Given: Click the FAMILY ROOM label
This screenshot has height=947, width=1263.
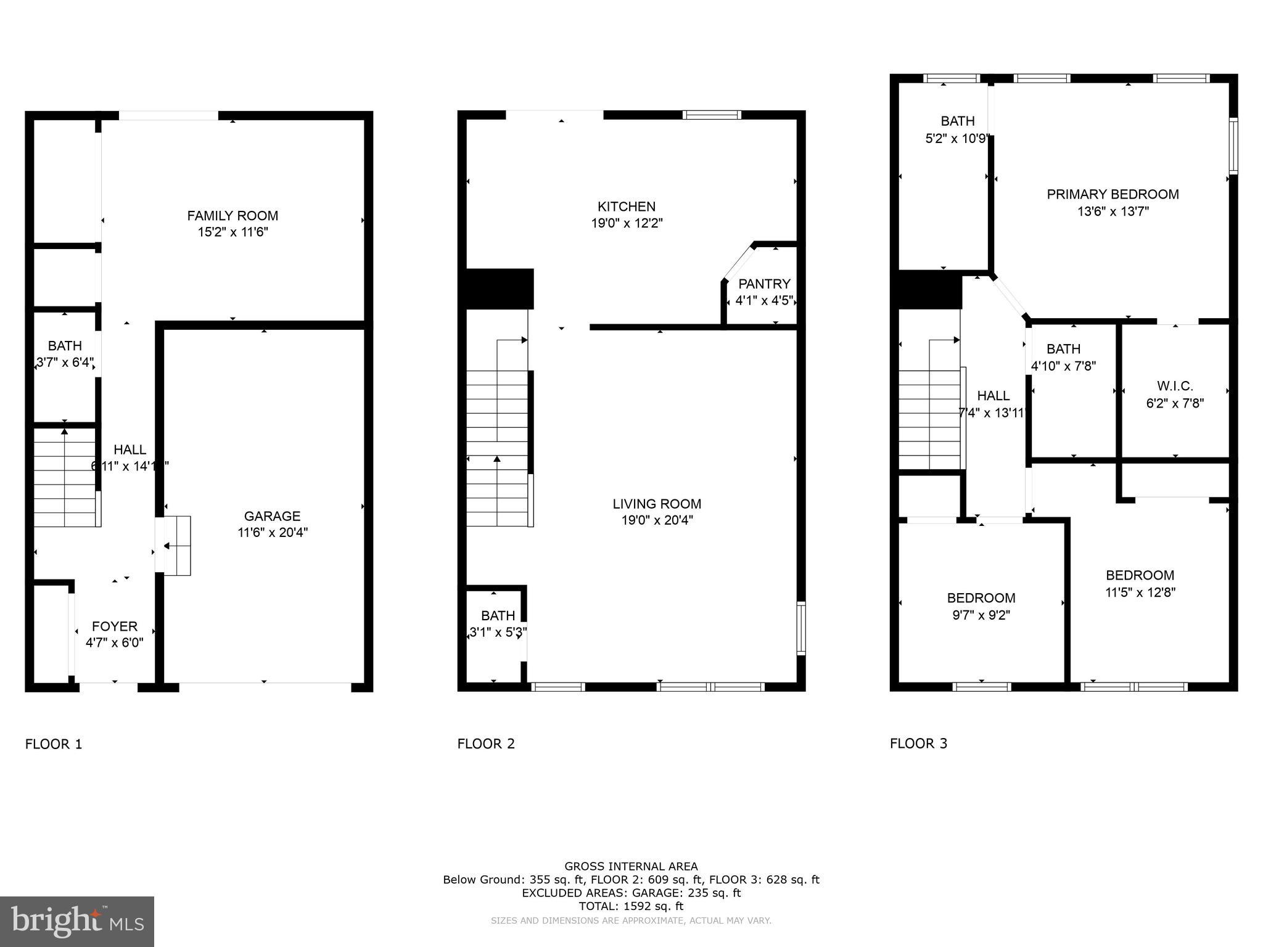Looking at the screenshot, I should tap(232, 216).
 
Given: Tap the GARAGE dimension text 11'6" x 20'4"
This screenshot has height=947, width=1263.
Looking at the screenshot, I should tap(273, 533).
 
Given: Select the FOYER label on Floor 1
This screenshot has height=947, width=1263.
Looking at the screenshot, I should tap(115, 626).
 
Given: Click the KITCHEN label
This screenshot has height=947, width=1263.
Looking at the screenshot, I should tap(626, 207).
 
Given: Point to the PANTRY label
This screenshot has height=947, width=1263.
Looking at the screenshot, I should tap(764, 284).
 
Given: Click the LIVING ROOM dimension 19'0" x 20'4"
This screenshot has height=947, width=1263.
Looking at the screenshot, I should tap(657, 520).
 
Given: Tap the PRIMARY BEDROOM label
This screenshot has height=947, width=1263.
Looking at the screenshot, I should tap(1113, 194).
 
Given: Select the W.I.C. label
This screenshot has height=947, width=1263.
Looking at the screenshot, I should tap(1175, 386).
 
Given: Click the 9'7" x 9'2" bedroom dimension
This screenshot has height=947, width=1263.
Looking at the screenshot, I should tap(981, 615).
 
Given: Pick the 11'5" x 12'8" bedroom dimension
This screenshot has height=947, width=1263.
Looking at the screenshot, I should tap(1140, 592).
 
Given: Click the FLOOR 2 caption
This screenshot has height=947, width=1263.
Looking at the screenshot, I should tap(486, 744).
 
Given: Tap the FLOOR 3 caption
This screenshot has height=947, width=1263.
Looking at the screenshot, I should tap(918, 744).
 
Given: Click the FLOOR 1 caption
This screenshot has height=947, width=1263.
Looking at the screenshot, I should tap(54, 744).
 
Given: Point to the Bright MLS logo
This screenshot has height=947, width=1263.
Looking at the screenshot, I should tap(77, 921).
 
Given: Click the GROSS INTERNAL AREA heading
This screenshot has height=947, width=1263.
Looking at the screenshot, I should tap(631, 866).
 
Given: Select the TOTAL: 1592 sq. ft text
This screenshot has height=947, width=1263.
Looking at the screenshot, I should tap(631, 906).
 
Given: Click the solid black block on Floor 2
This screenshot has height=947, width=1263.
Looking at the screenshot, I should tap(499, 289).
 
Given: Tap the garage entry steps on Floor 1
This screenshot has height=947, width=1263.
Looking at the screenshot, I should tap(178, 546).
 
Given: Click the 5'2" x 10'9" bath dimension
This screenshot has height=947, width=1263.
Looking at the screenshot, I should tap(957, 139).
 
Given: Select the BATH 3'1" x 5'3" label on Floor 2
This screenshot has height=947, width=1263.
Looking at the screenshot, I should tap(498, 615).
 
